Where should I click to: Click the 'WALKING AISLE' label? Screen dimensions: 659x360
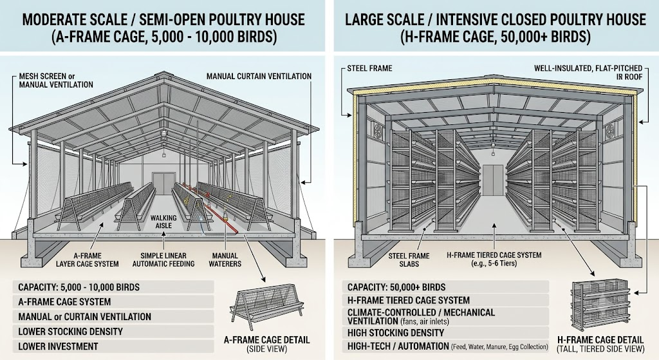click(x=163, y=222)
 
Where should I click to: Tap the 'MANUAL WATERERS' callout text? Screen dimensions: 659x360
click(x=225, y=260)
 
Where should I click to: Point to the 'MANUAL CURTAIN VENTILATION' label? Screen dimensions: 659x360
click(x=259, y=76)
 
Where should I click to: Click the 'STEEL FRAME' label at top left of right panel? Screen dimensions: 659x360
click(x=369, y=68)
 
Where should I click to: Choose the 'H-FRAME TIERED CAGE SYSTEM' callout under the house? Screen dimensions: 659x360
click(x=494, y=259)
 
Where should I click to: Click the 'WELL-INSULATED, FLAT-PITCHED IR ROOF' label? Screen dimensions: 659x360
click(x=588, y=72)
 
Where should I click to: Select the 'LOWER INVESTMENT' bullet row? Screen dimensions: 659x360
click(x=113, y=346)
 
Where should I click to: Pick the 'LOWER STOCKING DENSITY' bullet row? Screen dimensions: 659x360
click(x=113, y=332)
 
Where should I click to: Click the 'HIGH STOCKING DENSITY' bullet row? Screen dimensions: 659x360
click(x=445, y=333)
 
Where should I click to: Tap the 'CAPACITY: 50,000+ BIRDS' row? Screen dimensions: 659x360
click(x=445, y=287)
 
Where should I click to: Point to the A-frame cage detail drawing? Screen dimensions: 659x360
click(x=267, y=305)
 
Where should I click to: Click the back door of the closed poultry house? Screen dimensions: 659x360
click(x=493, y=180)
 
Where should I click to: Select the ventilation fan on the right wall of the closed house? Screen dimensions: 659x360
click(x=611, y=131)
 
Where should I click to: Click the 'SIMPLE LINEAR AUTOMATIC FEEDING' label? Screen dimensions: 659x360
click(x=163, y=260)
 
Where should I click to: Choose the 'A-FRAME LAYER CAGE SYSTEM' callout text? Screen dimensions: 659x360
click(x=88, y=260)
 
